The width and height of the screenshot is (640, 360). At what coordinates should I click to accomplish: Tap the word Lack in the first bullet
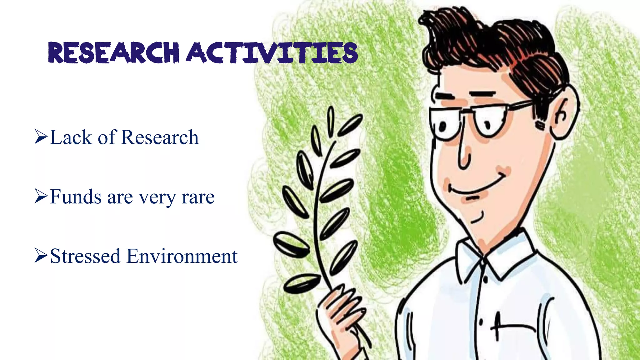pyautogui.click(x=71, y=137)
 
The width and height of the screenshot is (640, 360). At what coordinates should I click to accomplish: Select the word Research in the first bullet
pyautogui.click(x=160, y=137)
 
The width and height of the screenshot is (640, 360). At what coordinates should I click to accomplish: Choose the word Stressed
pyautogui.click(x=85, y=256)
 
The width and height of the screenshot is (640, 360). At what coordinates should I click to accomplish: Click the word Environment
pyautogui.click(x=182, y=256)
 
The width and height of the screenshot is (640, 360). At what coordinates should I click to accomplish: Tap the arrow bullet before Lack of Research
pyautogui.click(x=41, y=137)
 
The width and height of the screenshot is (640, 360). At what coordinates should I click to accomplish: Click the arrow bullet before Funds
pyautogui.click(x=41, y=197)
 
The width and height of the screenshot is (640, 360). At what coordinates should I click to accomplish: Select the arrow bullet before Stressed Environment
pyautogui.click(x=41, y=256)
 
